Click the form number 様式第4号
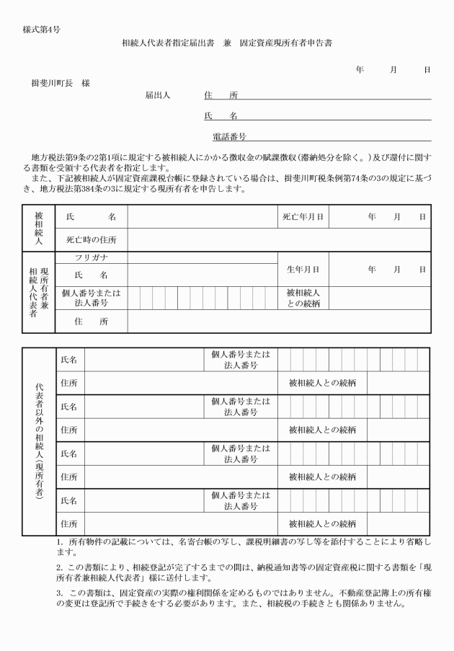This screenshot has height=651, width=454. [x=41, y=30]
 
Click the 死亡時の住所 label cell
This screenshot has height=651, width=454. [x=92, y=239]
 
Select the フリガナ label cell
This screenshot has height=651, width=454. [x=92, y=257]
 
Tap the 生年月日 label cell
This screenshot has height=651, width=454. [x=303, y=270]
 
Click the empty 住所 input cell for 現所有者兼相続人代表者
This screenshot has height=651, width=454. [x=278, y=322]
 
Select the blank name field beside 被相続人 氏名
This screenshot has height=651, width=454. [x=201, y=216]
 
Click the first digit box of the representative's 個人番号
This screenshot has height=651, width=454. [x=134, y=298]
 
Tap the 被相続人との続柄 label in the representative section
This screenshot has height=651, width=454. [x=303, y=298]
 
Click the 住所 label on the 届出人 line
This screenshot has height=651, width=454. [x=221, y=94]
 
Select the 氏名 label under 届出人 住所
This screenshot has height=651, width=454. [x=221, y=115]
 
